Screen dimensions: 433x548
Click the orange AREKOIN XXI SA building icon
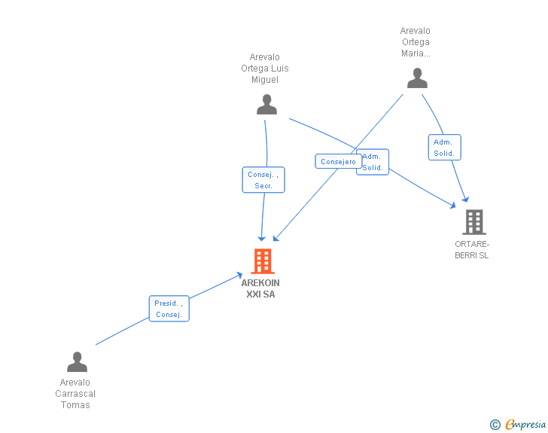[262, 261]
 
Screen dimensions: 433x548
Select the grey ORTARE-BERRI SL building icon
[473, 222]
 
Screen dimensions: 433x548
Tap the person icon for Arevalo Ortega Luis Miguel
[266, 105]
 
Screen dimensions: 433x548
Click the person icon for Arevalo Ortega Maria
[417, 78]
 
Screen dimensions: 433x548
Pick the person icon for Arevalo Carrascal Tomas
[77, 362]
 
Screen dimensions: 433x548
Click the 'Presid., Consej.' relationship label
[169, 309]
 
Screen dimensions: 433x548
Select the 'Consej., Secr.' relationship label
[263, 180]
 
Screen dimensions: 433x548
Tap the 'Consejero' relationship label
[338, 161]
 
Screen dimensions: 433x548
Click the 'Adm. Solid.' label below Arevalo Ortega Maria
[444, 148]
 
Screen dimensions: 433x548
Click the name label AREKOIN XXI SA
[260, 288]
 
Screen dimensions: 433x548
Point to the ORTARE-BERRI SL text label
[472, 249]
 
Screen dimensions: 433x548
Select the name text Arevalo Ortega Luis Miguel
[265, 69]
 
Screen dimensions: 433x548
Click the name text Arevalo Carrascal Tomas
[75, 394]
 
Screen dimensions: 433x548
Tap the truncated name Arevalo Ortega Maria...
[416, 42]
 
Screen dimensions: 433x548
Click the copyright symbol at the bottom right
[495, 425]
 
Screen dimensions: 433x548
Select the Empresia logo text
[525, 425]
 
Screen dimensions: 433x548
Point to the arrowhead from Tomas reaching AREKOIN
[239, 276]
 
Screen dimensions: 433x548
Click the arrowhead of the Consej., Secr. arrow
[261, 238]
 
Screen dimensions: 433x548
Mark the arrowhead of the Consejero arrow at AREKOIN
[276, 237]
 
